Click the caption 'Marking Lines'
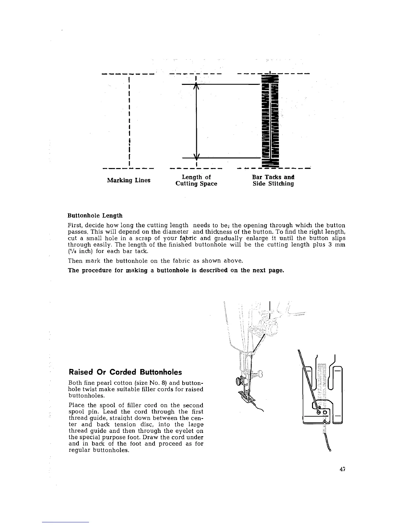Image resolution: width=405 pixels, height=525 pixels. (x=128, y=180)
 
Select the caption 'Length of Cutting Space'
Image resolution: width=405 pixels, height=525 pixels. (x=196, y=180)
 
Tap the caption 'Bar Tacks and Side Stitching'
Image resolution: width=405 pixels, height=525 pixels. (x=273, y=180)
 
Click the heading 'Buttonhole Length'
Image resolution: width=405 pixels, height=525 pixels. (x=95, y=216)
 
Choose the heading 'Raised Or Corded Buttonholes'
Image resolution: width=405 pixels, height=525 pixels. (x=125, y=372)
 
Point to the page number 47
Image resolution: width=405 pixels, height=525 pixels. (x=342, y=469)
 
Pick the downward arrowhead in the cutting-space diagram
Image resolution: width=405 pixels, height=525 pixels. (x=196, y=156)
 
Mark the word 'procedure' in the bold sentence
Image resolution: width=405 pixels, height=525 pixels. (x=98, y=270)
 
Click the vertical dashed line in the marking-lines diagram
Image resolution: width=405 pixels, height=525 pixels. (x=128, y=121)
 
